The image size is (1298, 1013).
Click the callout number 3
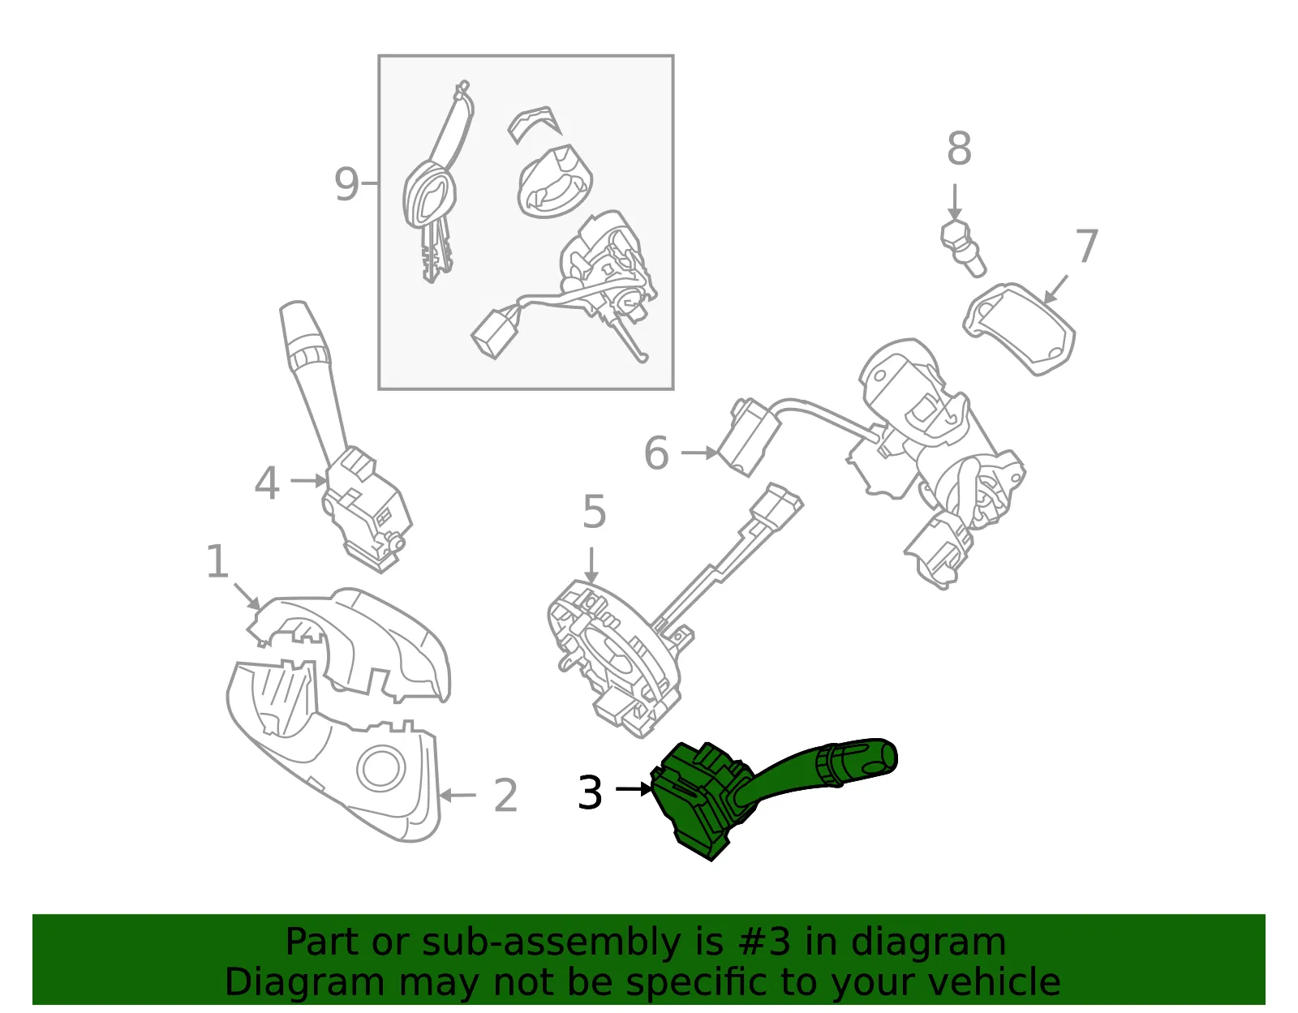[x=590, y=792]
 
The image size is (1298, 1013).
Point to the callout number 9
[x=346, y=184]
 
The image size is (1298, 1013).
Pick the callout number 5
[x=595, y=512]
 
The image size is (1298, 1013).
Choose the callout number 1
[x=217, y=561]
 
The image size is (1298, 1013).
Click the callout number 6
[x=656, y=453]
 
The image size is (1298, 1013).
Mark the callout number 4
[x=267, y=483]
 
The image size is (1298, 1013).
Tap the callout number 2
[x=505, y=795]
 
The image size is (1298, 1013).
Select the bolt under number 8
[x=961, y=248]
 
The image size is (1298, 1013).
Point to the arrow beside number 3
[x=634, y=789]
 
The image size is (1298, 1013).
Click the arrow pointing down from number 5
[x=591, y=565]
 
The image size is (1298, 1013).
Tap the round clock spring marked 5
[x=615, y=657]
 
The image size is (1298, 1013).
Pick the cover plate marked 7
[x=1019, y=328]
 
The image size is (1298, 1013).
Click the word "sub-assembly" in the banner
[x=551, y=942]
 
